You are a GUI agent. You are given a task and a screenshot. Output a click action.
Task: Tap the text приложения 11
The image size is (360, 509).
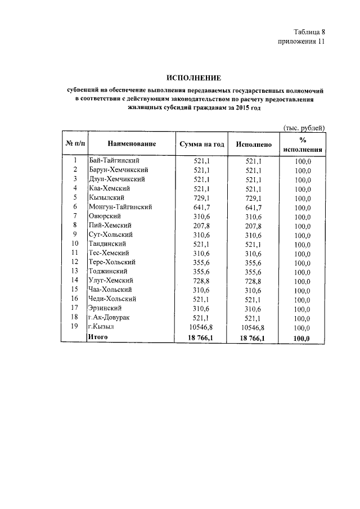(x=301, y=42)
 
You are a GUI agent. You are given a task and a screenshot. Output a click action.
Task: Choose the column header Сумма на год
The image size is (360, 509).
(x=202, y=145)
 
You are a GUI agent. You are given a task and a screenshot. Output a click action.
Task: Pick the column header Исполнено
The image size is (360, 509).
(x=254, y=145)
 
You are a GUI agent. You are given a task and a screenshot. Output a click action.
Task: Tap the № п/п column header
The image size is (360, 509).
(x=74, y=145)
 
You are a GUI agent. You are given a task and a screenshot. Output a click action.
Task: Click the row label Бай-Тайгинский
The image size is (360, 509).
(x=114, y=161)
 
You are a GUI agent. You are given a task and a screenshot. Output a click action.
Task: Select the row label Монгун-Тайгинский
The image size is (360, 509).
(x=120, y=207)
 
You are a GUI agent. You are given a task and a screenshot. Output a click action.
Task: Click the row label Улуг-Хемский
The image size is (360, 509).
(x=111, y=280)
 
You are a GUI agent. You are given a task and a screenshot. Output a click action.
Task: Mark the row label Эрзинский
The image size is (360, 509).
(x=106, y=308)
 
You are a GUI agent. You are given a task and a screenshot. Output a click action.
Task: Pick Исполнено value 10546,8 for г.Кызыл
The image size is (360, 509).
(x=252, y=327)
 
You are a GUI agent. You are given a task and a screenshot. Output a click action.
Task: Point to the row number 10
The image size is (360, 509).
(x=74, y=244)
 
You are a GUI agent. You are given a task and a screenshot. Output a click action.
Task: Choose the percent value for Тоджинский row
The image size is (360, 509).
(x=302, y=272)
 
